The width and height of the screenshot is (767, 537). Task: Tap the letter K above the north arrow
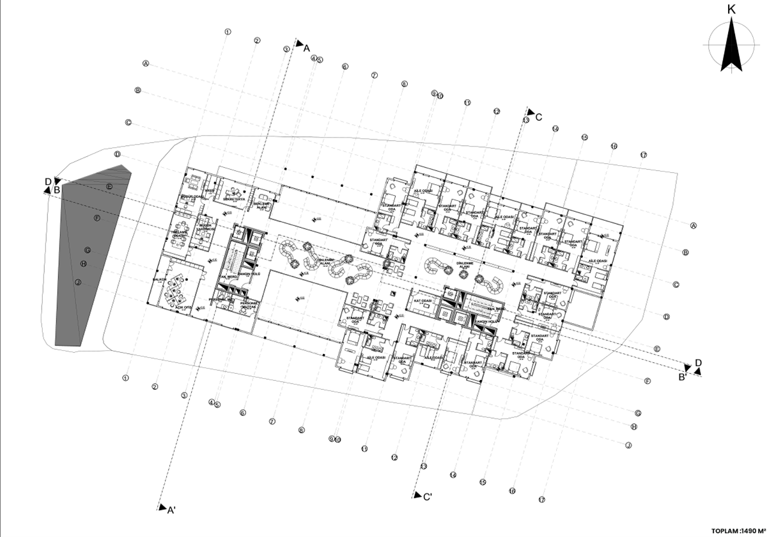pos(732,9)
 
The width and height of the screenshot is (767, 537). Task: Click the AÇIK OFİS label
pos(185,307)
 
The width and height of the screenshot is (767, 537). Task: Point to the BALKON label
pos(160,280)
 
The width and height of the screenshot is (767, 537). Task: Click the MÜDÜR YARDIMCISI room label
pos(205,228)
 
